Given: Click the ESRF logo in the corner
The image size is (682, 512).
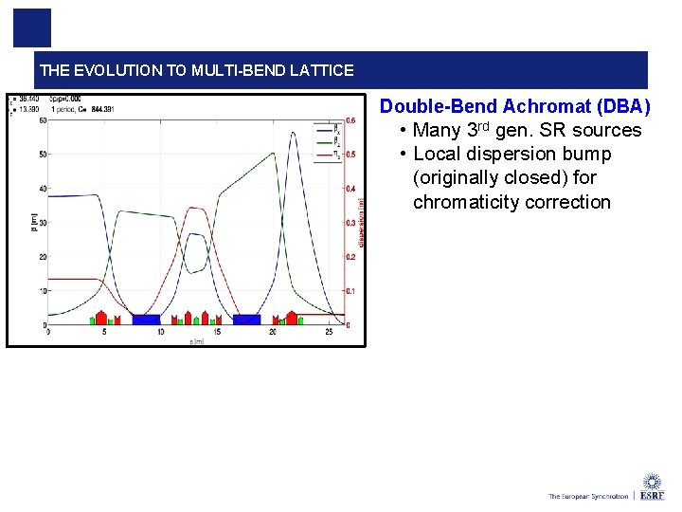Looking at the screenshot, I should click(x=652, y=486).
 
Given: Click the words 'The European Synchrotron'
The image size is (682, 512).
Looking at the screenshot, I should click(x=587, y=496).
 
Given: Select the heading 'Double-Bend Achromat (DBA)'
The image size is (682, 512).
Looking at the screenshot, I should click(x=514, y=106).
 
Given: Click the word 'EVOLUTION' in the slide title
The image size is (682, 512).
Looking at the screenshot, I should click(x=112, y=70).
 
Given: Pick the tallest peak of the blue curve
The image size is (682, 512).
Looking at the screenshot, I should click(x=293, y=133).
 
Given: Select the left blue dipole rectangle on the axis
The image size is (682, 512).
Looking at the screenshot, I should click(x=147, y=320).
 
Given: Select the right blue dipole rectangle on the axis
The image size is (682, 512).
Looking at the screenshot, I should click(x=247, y=320).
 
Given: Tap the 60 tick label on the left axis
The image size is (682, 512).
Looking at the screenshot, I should click(x=43, y=120).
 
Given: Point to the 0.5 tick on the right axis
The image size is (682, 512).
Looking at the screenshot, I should click(x=350, y=155).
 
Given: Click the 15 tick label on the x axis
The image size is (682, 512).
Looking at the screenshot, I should click(x=217, y=332).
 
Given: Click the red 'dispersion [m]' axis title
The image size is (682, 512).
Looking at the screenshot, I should click(x=361, y=223).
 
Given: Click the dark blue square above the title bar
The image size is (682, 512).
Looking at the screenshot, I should click(x=31, y=28).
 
